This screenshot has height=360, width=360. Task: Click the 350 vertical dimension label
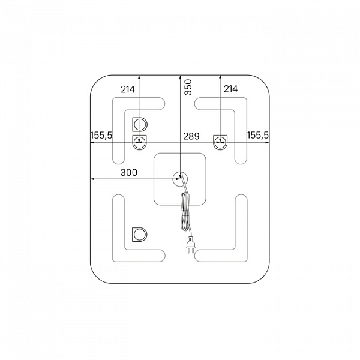(188, 87)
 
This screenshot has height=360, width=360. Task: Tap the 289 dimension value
(191, 136)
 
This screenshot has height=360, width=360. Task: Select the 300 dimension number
(129, 172)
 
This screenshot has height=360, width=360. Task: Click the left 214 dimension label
(128, 89)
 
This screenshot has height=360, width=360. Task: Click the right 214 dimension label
(231, 89)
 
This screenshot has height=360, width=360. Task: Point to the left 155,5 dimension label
(101, 135)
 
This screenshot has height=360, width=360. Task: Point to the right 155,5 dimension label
(257, 135)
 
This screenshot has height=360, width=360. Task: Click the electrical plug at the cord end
(191, 245)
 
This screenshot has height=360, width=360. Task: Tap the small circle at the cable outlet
(180, 179)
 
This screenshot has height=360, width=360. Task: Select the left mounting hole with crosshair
(139, 142)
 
